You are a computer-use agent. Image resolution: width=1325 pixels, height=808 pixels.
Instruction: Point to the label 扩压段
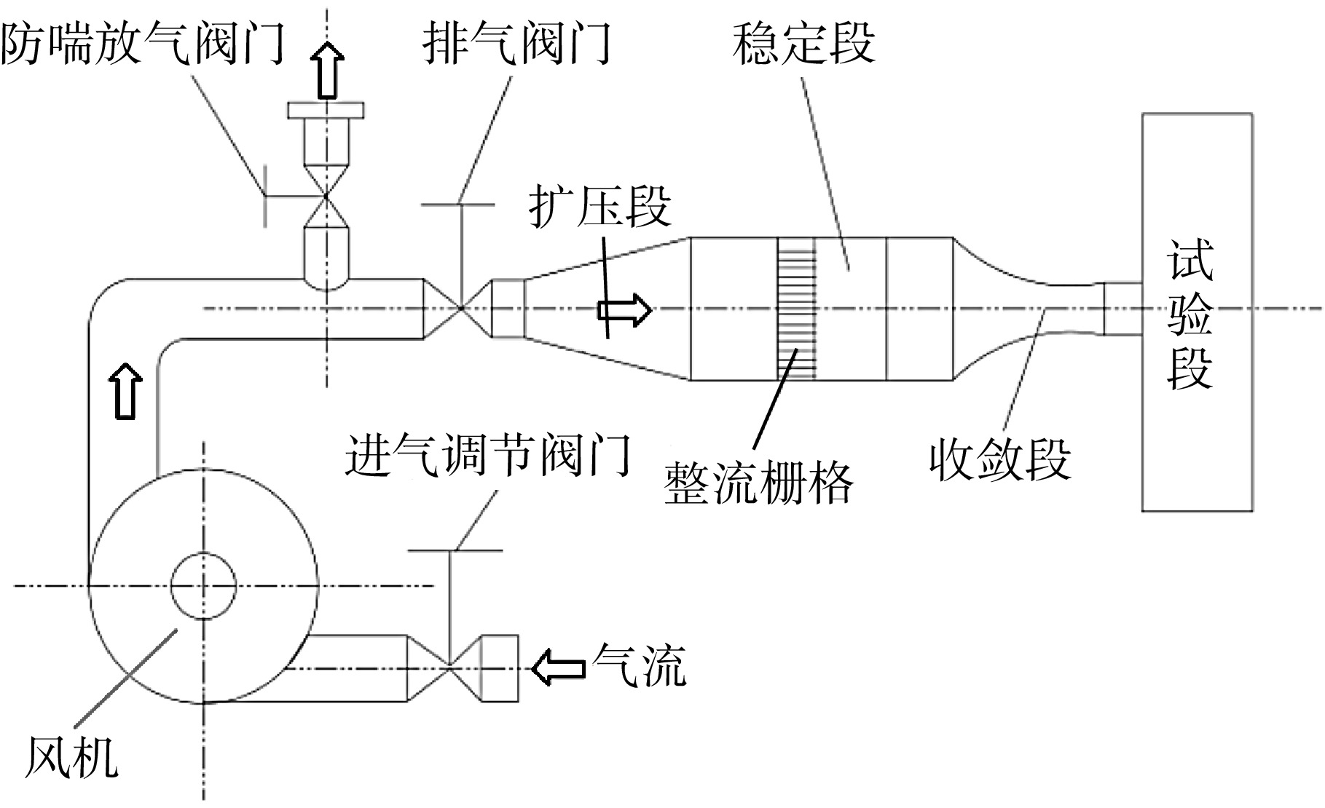600,206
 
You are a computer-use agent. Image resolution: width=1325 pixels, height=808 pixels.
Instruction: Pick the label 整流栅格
759,483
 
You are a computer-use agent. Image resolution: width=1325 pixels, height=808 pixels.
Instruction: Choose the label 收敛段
1000,459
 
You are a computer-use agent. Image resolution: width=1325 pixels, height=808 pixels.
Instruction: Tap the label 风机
71,757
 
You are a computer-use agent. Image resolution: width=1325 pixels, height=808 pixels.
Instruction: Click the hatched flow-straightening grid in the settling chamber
796,309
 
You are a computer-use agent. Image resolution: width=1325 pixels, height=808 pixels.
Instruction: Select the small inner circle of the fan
203,585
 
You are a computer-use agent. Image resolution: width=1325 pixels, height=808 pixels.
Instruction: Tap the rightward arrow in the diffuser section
624,309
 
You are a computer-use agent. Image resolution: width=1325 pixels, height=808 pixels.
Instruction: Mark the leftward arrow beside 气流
559,667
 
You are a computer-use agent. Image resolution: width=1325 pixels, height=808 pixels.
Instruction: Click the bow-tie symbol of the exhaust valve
460,309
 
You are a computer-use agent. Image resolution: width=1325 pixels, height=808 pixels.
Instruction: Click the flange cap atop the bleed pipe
326,110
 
